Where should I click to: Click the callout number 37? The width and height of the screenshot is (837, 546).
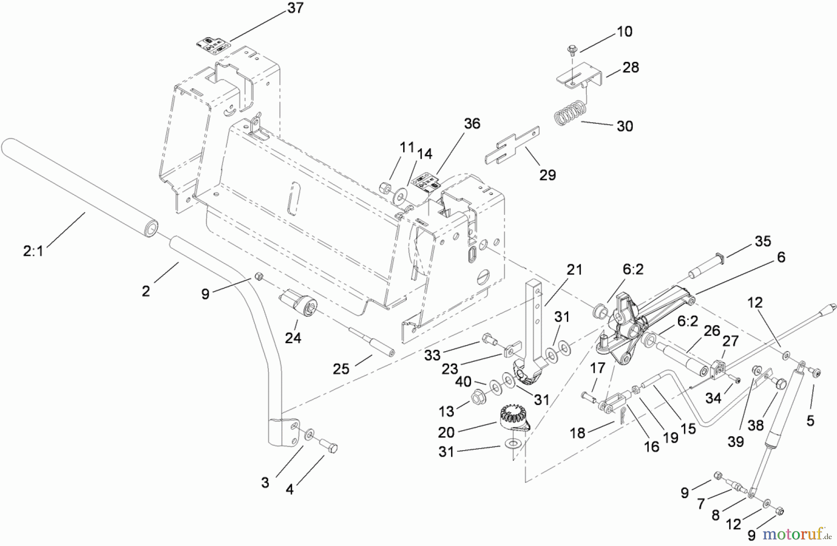pos(295,8)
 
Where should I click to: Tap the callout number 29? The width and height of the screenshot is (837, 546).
pos(547,175)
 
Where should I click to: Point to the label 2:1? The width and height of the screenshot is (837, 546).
pos(33,252)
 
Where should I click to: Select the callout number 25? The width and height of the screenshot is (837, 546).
pos(341,369)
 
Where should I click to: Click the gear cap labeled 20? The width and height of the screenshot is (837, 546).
pos(511,415)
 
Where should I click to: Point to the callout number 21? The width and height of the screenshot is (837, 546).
pos(574,270)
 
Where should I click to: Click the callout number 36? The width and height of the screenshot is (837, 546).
pos(472,124)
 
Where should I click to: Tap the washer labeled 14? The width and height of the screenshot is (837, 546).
pos(399,196)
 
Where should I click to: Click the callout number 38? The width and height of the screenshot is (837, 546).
pos(755,426)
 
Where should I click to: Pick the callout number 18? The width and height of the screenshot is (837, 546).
pos(577,433)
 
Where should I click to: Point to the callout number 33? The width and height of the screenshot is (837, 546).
pos(432,355)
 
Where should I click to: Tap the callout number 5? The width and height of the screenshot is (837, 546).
pos(810,420)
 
